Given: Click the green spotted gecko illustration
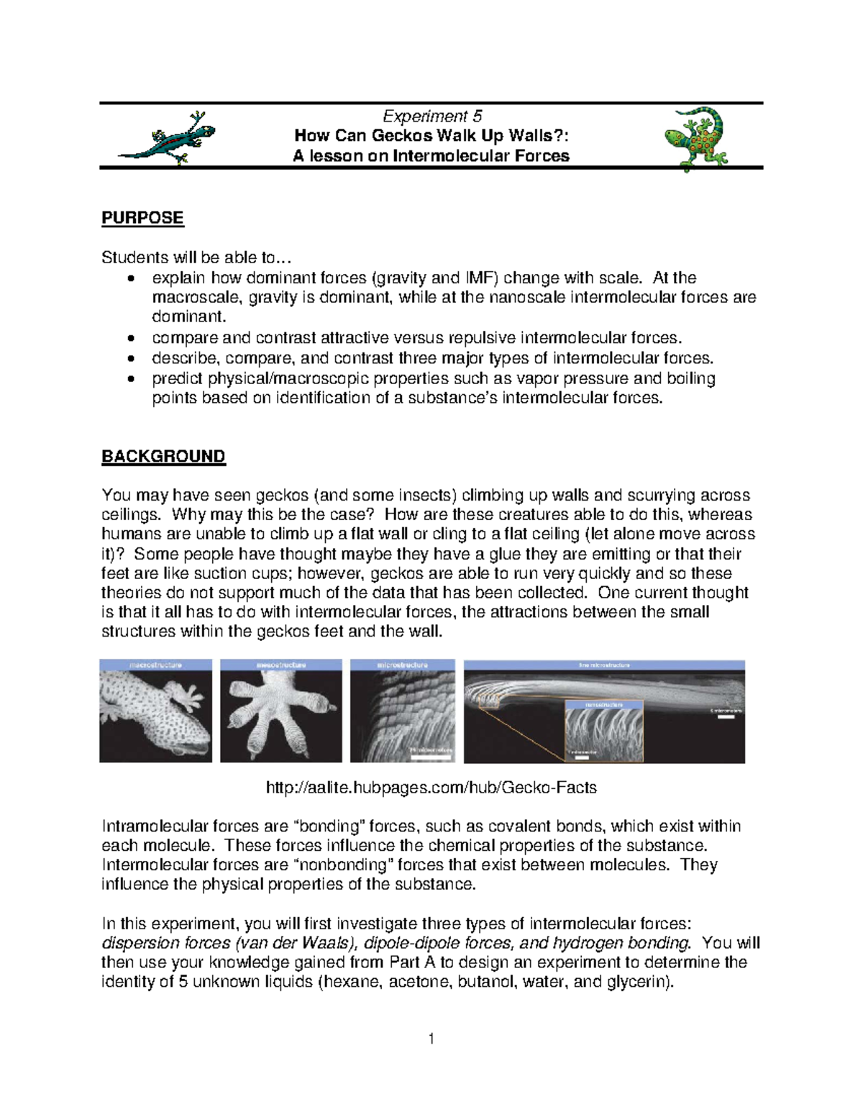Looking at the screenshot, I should pos(695,138).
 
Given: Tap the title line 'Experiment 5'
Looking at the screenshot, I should pos(431,117).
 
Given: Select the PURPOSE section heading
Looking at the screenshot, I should pos(142,218).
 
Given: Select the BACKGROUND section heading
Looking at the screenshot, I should pos(163,457).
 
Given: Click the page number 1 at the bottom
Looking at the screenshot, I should pos(431,1039).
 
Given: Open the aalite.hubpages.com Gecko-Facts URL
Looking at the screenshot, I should pos(431,788).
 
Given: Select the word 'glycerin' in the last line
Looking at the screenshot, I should pos(638,982).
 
